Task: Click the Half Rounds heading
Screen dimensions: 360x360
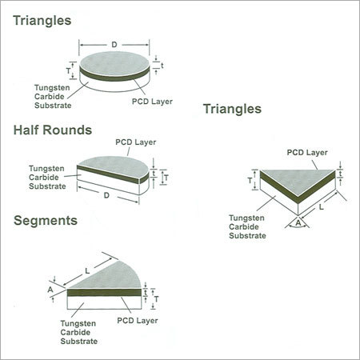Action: [53, 130]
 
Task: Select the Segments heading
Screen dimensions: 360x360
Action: [46, 221]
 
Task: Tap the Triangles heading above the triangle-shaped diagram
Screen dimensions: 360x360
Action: [232, 109]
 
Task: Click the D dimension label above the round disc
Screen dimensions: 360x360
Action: [114, 45]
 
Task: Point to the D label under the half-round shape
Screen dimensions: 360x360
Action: [106, 195]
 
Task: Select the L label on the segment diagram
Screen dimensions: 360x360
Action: [87, 271]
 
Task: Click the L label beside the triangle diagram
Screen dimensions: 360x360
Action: [322, 207]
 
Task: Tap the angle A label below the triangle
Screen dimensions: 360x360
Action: [298, 222]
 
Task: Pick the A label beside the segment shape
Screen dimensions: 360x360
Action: [50, 290]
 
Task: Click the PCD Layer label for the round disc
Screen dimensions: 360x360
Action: [152, 102]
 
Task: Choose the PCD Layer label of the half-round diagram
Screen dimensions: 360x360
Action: [136, 142]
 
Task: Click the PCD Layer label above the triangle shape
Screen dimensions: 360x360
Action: [307, 153]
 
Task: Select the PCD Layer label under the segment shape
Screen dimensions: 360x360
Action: [138, 321]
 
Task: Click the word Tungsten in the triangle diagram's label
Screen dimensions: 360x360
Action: [246, 218]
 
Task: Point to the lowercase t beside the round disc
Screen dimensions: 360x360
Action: [162, 66]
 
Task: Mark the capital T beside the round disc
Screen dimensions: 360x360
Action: [69, 71]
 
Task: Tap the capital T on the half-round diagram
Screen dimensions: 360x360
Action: [166, 178]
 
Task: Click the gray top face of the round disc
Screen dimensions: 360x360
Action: [114, 63]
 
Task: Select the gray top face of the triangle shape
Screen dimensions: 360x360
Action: [298, 181]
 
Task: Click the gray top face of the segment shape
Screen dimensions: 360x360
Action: [114, 278]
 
